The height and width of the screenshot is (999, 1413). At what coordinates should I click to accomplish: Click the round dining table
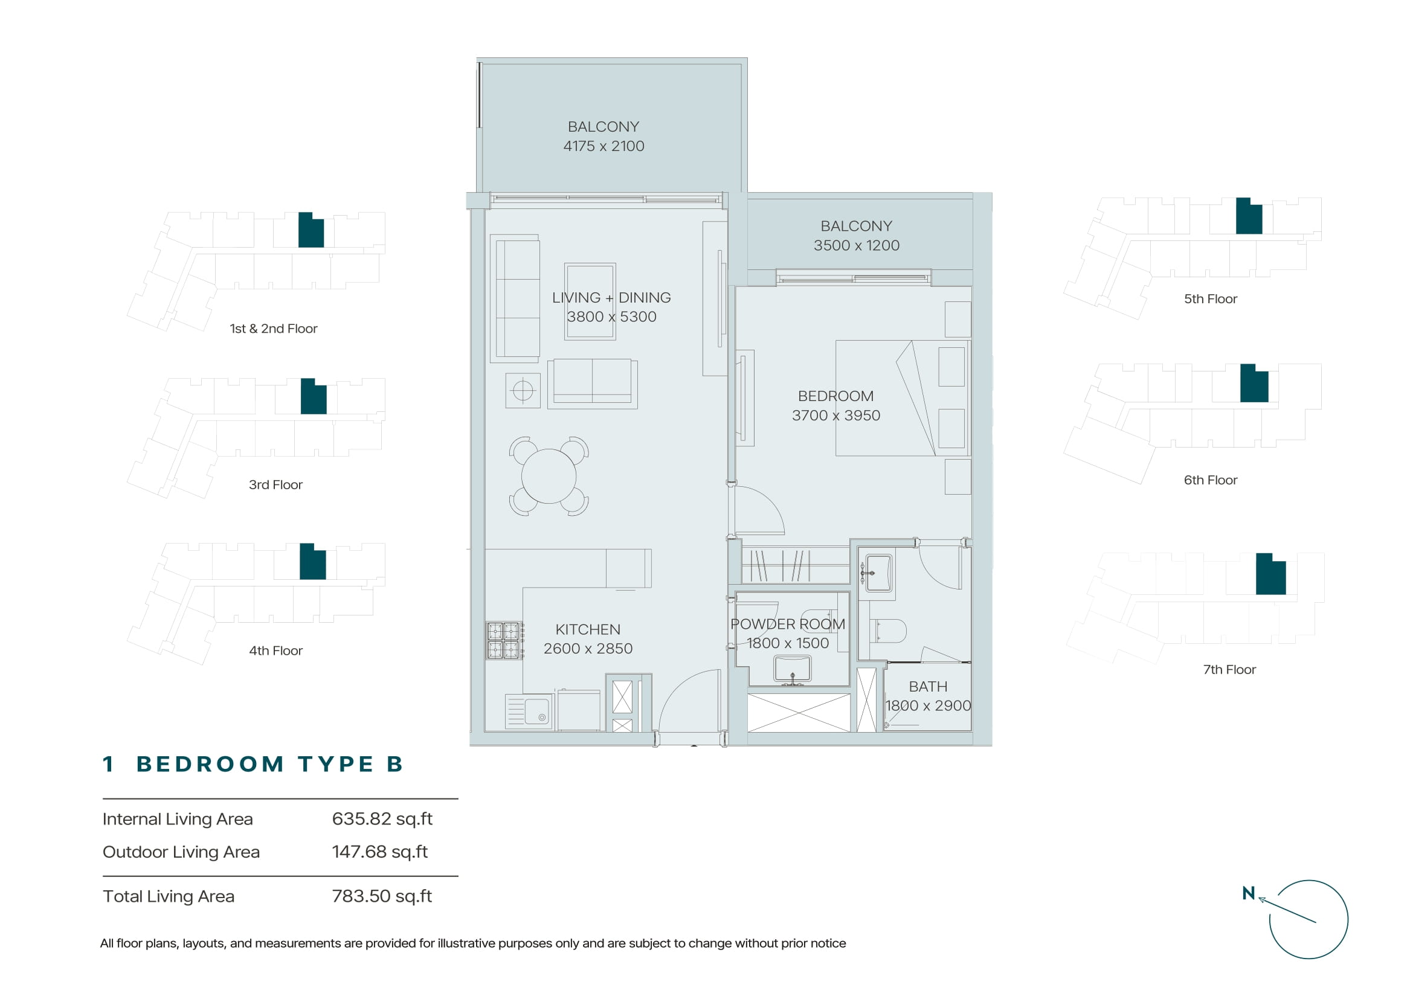[x=549, y=475]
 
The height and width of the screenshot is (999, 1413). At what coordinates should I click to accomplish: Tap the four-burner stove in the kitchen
[x=503, y=640]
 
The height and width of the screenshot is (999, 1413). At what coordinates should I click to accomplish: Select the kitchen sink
[x=529, y=712]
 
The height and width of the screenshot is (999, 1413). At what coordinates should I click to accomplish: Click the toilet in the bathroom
[x=889, y=631]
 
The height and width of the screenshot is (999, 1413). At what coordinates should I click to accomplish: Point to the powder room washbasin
[x=793, y=670]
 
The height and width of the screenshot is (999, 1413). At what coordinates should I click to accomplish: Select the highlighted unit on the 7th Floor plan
[x=1271, y=574]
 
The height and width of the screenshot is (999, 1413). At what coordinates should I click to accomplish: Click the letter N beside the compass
[x=1248, y=893]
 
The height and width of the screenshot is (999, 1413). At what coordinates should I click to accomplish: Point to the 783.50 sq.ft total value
[x=382, y=896]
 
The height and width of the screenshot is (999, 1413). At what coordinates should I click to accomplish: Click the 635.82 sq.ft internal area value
[x=382, y=819]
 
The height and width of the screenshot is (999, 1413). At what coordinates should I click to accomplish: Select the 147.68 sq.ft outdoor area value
[x=380, y=852]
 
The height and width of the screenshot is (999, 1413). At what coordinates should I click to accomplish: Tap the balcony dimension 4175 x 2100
[x=604, y=146]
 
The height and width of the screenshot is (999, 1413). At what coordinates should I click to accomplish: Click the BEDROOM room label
[x=835, y=396]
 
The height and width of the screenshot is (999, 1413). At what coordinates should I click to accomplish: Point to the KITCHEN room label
[x=588, y=629]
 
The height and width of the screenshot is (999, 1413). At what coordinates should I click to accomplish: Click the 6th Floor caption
[x=1210, y=480]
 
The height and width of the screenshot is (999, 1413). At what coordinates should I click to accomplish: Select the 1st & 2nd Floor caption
[x=273, y=329]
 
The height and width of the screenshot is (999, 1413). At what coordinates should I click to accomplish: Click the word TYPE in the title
[x=336, y=764]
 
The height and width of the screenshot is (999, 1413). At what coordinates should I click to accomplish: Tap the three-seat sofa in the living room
[x=515, y=298]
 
